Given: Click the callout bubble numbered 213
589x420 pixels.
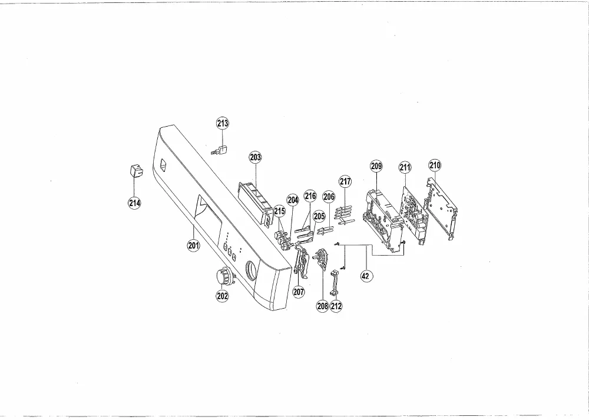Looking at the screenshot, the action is point(223,123).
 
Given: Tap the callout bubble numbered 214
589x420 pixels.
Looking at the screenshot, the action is point(134,203).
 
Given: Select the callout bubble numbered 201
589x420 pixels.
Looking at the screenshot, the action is point(193,246).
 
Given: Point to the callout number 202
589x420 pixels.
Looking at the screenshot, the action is point(222,296).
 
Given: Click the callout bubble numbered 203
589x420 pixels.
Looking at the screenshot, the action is point(256,157).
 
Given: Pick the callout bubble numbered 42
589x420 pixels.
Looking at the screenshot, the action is point(365,276).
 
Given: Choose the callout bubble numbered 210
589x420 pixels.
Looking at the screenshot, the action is point(435,165).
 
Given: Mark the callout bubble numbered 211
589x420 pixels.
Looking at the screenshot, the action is point(405,167).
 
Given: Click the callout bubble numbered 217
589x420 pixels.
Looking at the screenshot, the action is point(345,181).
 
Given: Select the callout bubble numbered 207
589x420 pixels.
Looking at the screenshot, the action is point(299,292).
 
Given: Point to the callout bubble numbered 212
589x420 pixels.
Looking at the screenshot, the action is point(336,306).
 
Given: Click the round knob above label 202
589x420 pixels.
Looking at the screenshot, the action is point(224,276).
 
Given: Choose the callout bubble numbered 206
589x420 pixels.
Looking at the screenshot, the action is point(329,197).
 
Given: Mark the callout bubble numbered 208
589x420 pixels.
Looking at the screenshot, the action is point(323,306).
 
